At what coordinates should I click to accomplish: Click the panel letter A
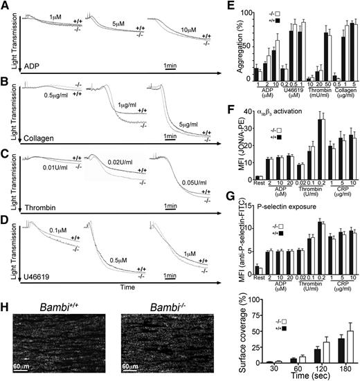point(6,6)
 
